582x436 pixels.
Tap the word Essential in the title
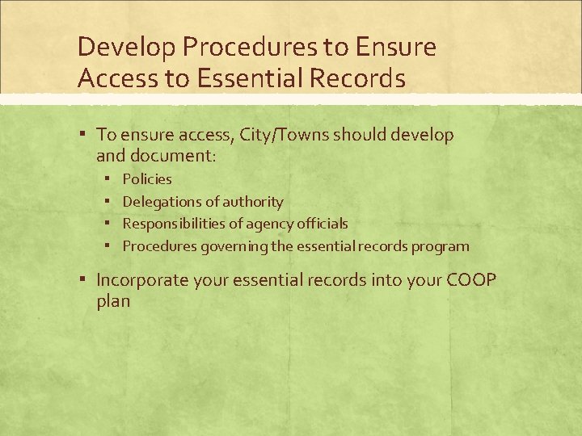pos(247,78)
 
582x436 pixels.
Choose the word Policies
pos(147,179)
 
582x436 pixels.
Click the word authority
pos(252,202)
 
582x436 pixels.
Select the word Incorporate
pos(142,280)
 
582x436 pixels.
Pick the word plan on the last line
pos(113,301)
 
